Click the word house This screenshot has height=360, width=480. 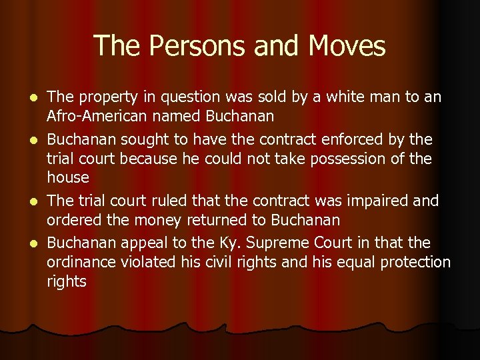click(67, 177)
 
